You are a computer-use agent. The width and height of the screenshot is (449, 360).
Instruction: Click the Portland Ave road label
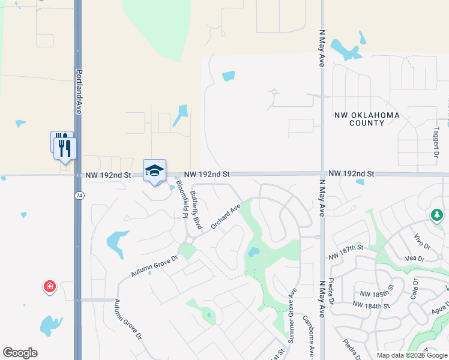pyautogui.click(x=78, y=91)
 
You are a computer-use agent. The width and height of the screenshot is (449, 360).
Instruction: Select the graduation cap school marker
pyautogui.click(x=154, y=170)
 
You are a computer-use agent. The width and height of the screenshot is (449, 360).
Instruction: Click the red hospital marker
pyautogui.click(x=49, y=287)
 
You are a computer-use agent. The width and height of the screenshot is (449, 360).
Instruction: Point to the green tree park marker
pyautogui.click(x=437, y=214)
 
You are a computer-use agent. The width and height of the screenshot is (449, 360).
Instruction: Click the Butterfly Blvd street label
pyautogui.click(x=195, y=210)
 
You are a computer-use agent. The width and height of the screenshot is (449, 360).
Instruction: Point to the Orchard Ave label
pyautogui.click(x=226, y=217)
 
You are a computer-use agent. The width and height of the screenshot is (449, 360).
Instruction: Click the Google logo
pyautogui.click(x=20, y=353)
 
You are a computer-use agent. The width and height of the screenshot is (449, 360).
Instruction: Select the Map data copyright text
pyautogui.click(x=411, y=355)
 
